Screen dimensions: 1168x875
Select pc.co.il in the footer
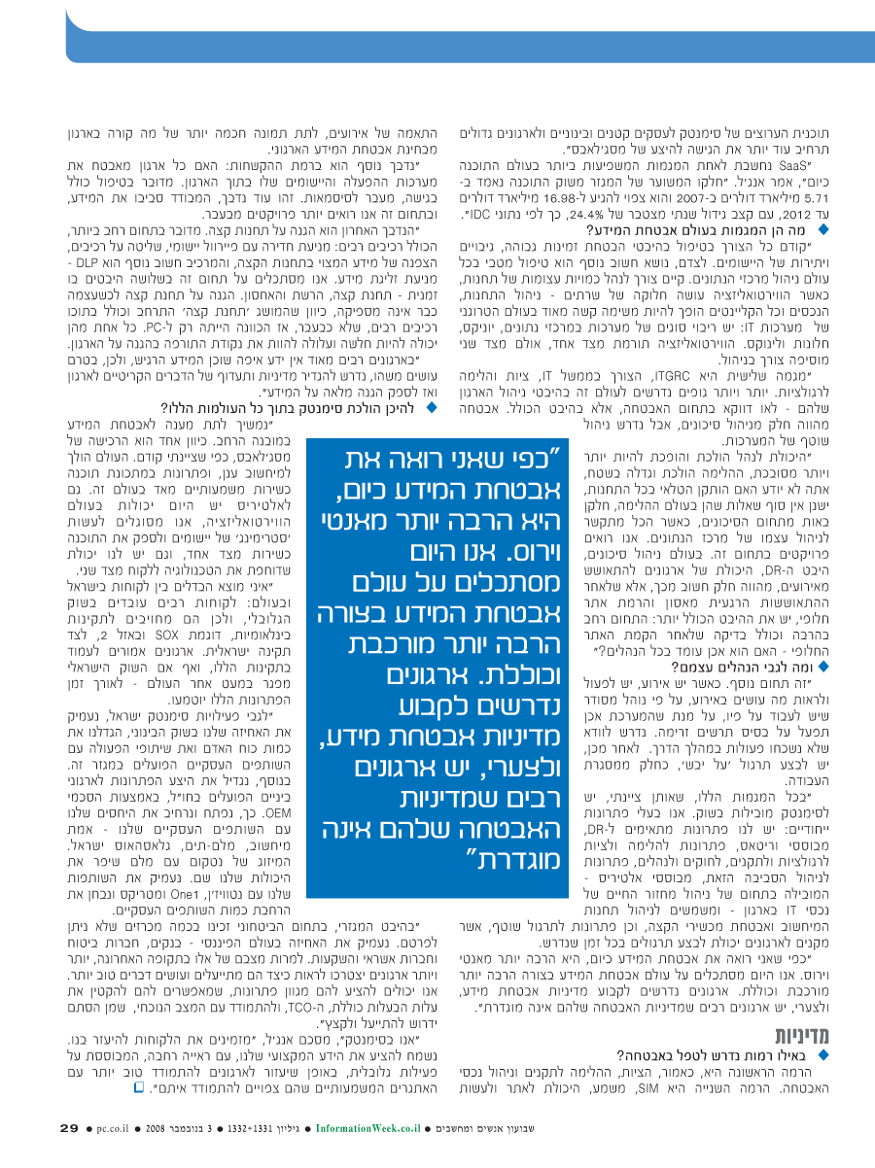coord(116,1129)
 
